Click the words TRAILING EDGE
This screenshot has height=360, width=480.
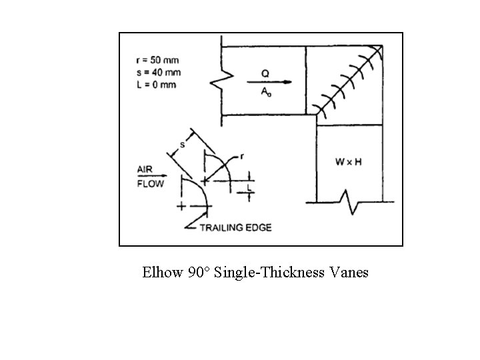[236, 227]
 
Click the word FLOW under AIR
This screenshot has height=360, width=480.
[150, 184]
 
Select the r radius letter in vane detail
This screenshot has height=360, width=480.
[242, 156]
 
